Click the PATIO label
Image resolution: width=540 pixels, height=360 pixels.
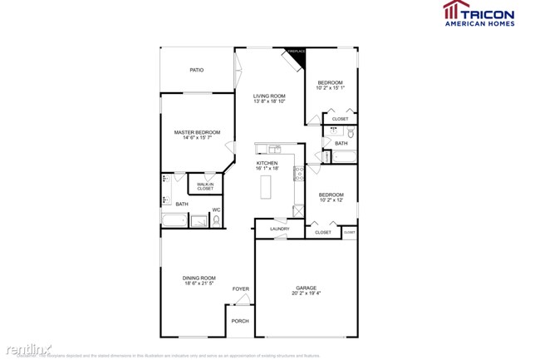click(196, 70)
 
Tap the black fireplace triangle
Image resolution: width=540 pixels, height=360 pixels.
click(298, 58)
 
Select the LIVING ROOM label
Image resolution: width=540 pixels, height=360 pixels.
click(269, 96)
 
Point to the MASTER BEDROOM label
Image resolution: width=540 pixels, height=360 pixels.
click(197, 132)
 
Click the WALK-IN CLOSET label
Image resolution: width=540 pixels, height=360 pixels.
click(205, 187)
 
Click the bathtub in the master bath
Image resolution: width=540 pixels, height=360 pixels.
click(174, 221)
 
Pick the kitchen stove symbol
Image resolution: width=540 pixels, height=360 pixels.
click(299, 174)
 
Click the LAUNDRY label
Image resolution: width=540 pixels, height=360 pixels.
click(279, 229)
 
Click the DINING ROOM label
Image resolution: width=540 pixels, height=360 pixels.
click(199, 278)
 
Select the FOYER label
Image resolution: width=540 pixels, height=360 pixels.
click(240, 288)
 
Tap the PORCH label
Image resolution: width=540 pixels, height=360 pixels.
click(240, 321)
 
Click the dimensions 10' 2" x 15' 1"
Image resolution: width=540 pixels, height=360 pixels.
click(330, 87)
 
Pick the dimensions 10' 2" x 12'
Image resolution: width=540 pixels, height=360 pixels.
click(331, 200)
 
